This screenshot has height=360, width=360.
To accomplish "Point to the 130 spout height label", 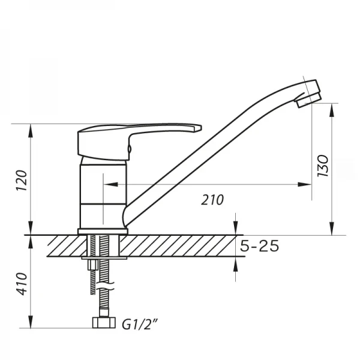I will [323, 166].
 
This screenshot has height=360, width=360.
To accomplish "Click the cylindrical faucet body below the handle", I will [103, 195].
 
